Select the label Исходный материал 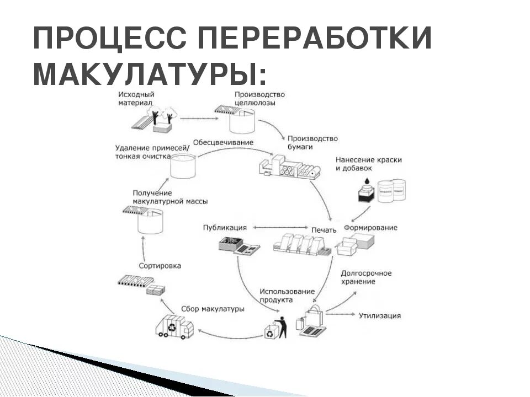tap(136, 98)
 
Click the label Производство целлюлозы tap(259, 98)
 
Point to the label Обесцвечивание tap(223, 142)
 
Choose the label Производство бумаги tap(312, 143)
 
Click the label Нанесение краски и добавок tap(368, 164)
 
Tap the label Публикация tap(225, 227)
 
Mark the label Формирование tap(370, 227)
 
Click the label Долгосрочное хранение tap(366, 277)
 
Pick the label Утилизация tap(380, 316)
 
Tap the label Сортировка tap(160, 266)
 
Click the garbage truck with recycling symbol tap(174, 326)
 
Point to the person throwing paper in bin tap(282, 326)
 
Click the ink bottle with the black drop tap(365, 192)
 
